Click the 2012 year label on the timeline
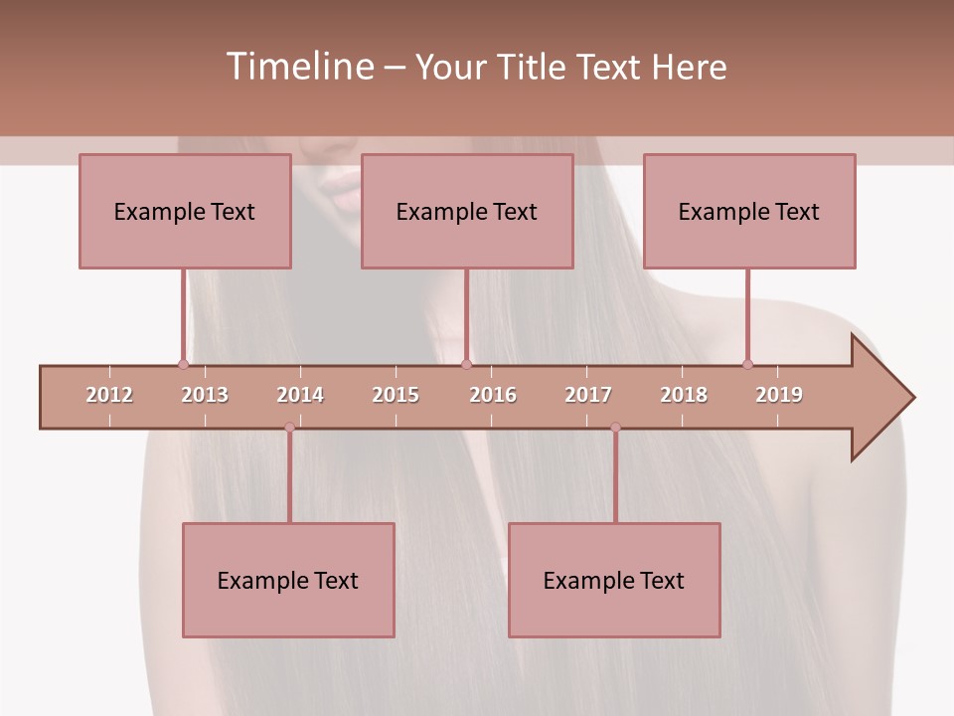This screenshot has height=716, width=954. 109,395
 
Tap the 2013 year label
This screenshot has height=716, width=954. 205,395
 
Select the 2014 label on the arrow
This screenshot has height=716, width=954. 300,395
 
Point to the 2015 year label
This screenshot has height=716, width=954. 396,395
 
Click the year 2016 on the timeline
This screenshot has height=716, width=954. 493,395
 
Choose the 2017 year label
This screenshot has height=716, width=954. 588,395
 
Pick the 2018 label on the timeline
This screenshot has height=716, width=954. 684,395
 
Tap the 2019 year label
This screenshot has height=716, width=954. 779,395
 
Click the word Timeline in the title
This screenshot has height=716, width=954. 298,67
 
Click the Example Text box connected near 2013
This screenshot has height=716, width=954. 185,211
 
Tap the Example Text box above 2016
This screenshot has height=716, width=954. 467,211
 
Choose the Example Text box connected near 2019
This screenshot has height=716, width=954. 749,211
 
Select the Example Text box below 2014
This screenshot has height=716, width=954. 288,580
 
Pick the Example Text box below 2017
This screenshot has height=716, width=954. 614,580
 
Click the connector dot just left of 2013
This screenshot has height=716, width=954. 183,364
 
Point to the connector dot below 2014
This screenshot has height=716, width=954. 289,428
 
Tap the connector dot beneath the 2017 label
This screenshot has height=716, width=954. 615,428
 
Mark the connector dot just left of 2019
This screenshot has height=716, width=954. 747,364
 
